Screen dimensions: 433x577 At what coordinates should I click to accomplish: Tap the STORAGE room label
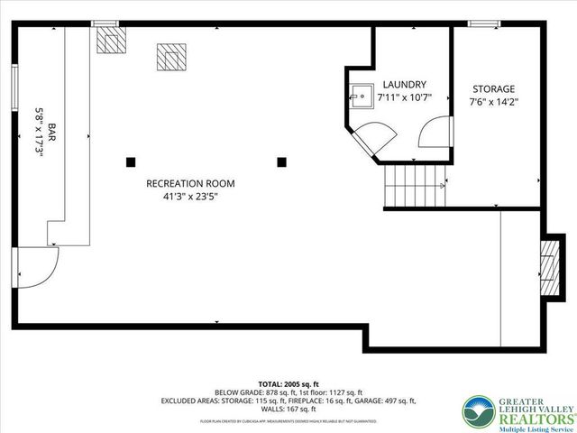494,89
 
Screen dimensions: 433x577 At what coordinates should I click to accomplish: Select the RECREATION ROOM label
183,183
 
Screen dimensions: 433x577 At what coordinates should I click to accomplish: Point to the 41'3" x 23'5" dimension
183,196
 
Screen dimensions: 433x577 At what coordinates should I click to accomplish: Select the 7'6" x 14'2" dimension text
494,102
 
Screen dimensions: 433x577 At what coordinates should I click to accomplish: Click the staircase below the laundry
415,187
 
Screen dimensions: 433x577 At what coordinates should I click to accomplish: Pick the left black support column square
131,162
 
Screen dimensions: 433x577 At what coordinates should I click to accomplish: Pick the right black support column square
282,162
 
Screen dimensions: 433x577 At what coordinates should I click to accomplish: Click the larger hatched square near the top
169,57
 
